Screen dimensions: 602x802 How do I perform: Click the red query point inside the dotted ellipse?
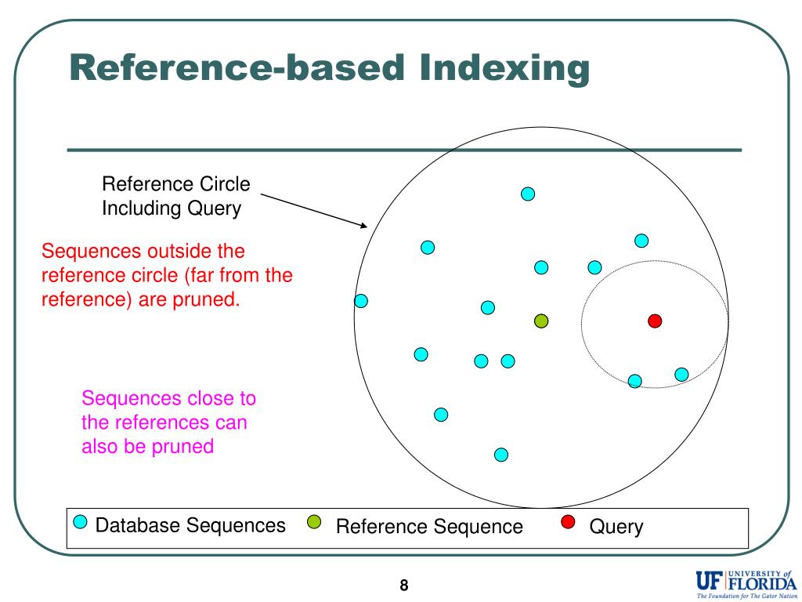click(655, 321)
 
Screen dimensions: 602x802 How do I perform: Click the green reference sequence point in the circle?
click(541, 321)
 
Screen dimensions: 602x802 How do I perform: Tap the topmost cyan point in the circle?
click(528, 194)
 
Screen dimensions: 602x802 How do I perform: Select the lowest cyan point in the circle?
click(501, 455)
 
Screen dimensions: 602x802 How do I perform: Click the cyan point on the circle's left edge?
click(361, 301)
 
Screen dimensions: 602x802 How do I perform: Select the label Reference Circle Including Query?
click(176, 197)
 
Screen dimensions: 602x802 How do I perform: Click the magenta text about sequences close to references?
click(168, 422)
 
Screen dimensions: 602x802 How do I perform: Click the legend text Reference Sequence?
click(429, 527)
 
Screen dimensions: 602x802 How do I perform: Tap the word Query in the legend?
click(616, 527)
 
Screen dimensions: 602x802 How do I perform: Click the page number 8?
click(404, 585)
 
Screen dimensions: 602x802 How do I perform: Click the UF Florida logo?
click(745, 582)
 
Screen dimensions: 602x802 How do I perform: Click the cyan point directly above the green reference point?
click(541, 267)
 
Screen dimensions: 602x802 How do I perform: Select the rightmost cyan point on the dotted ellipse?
click(681, 375)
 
